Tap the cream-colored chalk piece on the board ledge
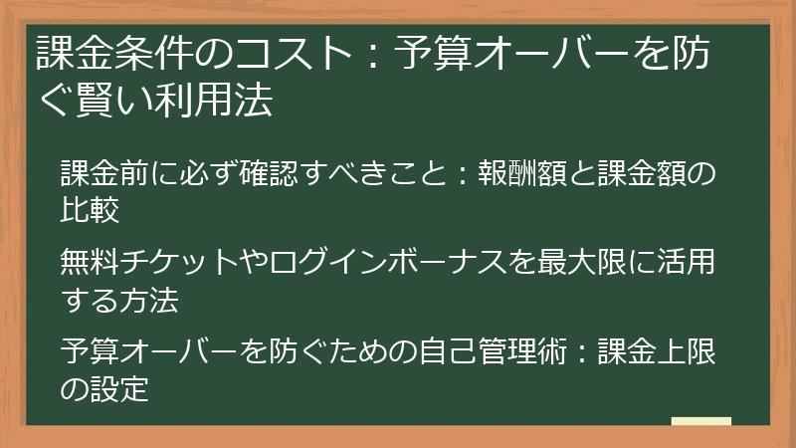pos(700,421)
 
